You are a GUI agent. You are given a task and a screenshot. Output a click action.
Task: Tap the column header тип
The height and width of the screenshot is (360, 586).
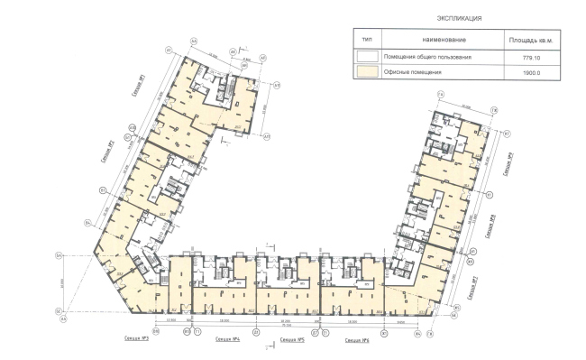366,40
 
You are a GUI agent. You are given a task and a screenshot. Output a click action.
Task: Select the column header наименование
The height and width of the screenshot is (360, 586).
443,41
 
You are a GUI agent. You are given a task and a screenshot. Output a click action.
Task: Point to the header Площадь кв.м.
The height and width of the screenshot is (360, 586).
532,41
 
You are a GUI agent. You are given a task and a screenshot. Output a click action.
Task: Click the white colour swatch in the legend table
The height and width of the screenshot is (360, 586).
366,57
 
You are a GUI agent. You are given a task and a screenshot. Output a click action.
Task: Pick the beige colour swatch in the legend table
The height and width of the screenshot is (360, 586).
366,73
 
